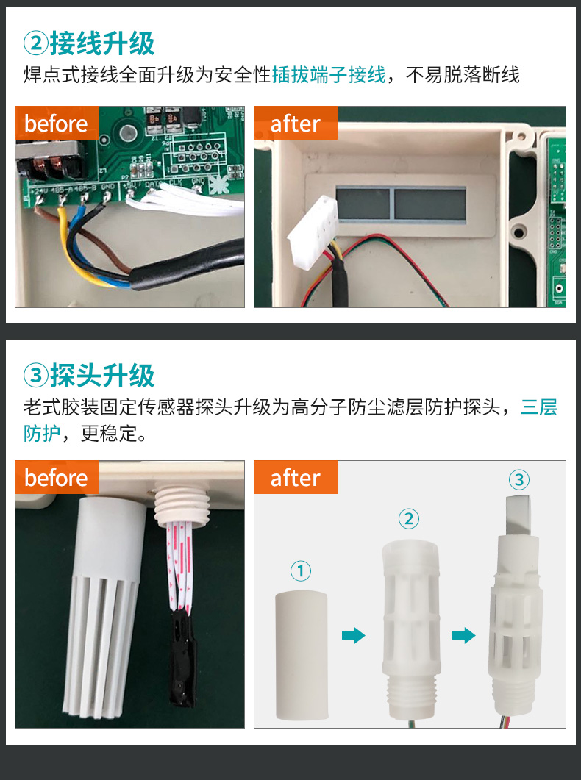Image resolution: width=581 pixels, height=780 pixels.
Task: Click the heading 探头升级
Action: pos(102,376)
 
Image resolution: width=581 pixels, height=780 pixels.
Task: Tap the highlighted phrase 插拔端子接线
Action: pos(328,75)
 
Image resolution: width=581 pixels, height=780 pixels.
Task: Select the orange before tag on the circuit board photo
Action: pos(57,124)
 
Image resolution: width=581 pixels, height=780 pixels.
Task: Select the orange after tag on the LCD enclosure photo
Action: pos(295,124)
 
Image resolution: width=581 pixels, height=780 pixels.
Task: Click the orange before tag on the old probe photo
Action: pos(57,478)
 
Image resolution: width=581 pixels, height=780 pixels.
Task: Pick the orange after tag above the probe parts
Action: pos(295,478)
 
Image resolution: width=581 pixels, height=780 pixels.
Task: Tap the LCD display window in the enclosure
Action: pos(401,203)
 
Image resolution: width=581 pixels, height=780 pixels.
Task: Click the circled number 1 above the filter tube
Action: pos(301,570)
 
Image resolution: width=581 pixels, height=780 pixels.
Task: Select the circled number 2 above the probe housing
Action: pos(408,519)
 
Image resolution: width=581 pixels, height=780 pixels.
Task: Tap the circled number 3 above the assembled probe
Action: pos(519,480)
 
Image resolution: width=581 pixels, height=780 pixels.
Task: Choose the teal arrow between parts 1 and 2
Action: pos(354,635)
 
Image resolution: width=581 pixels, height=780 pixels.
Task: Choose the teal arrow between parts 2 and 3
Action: pos(463,635)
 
